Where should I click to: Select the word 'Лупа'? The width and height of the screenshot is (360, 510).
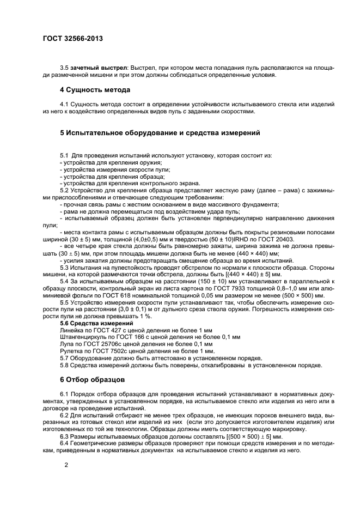tap(66, 344)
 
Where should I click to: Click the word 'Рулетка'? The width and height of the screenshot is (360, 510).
tap(71, 351)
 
